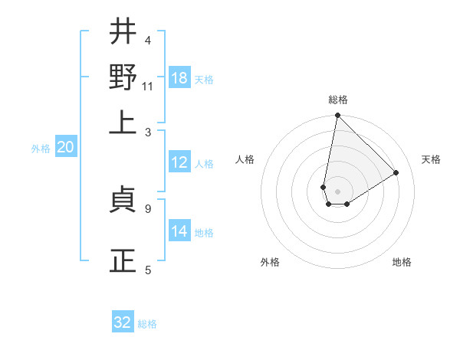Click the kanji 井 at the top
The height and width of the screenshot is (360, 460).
point(123,32)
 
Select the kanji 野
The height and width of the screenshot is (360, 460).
point(123,77)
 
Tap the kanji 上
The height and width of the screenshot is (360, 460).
point(123,123)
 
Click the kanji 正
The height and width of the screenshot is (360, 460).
point(123,261)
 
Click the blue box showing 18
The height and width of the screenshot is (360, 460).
point(179,78)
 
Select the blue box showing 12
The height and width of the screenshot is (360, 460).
point(179,162)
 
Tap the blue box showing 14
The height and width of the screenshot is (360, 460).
point(179,231)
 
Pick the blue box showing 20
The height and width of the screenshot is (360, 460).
point(65,147)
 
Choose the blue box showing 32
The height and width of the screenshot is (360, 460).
point(123,322)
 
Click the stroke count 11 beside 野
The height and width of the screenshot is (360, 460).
point(147,86)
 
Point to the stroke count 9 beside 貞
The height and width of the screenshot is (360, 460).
point(147,208)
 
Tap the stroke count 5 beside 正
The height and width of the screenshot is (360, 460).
point(147,270)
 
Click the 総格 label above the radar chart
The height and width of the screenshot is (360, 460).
point(337,100)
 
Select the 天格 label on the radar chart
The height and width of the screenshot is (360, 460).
point(432,159)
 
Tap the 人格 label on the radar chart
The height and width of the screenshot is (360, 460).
point(245,159)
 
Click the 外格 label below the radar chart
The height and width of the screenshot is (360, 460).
point(270,262)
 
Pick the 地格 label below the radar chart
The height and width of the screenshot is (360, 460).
point(402,262)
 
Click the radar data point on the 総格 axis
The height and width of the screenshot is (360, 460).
point(337,116)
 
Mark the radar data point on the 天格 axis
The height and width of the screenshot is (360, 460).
point(396,172)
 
